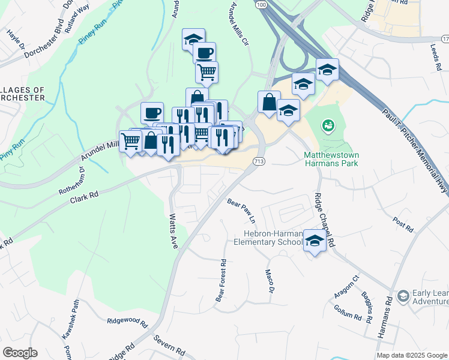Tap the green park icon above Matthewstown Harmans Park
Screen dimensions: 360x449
click(x=328, y=126)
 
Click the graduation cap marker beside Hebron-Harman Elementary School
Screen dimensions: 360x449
click(x=315, y=241)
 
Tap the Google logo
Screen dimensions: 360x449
click(x=20, y=353)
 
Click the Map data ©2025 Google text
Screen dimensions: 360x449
click(x=412, y=355)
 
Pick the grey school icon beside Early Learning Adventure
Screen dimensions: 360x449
click(x=402, y=296)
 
